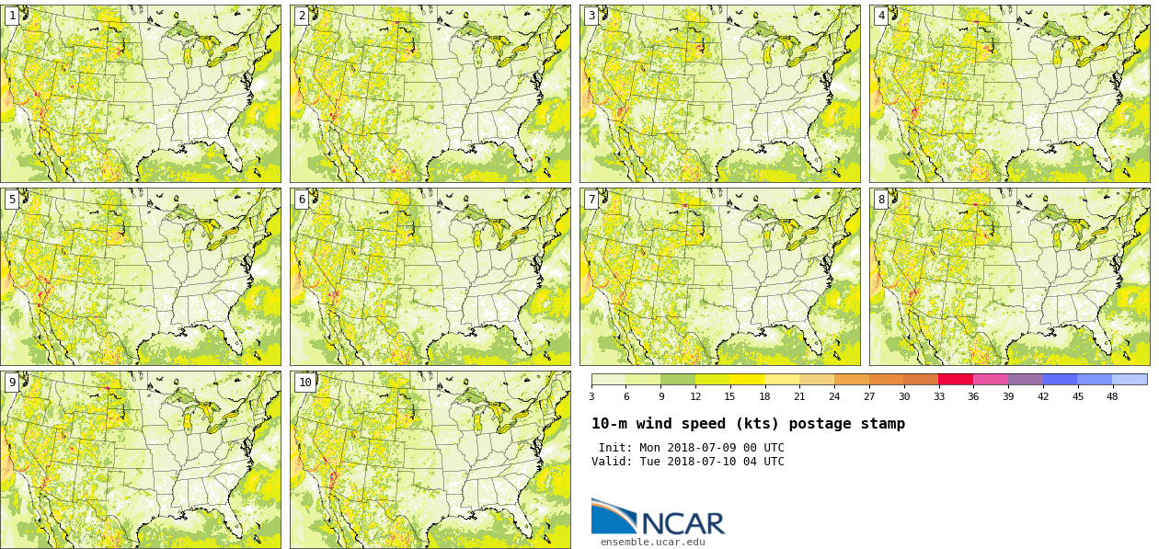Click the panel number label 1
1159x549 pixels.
[12, 16]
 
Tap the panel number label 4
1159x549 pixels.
[881, 16]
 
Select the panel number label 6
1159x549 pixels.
[302, 200]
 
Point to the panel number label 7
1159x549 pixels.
[591, 200]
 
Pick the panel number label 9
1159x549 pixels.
[12, 383]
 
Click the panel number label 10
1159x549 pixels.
[304, 383]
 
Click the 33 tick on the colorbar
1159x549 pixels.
[939, 396]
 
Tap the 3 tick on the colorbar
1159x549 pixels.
[591, 396]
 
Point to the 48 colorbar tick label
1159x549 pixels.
[1112, 396]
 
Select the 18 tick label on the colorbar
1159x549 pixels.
[764, 396]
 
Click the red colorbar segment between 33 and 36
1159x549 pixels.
[956, 379]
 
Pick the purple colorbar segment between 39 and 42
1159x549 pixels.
[1025, 379]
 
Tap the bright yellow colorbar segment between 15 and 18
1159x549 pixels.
[748, 379]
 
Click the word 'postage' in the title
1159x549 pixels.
[824, 424]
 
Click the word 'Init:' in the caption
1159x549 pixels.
[615, 448]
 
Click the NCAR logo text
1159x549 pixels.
[683, 523]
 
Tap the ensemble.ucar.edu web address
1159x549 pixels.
[652, 543]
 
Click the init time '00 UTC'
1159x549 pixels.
[763, 448]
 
